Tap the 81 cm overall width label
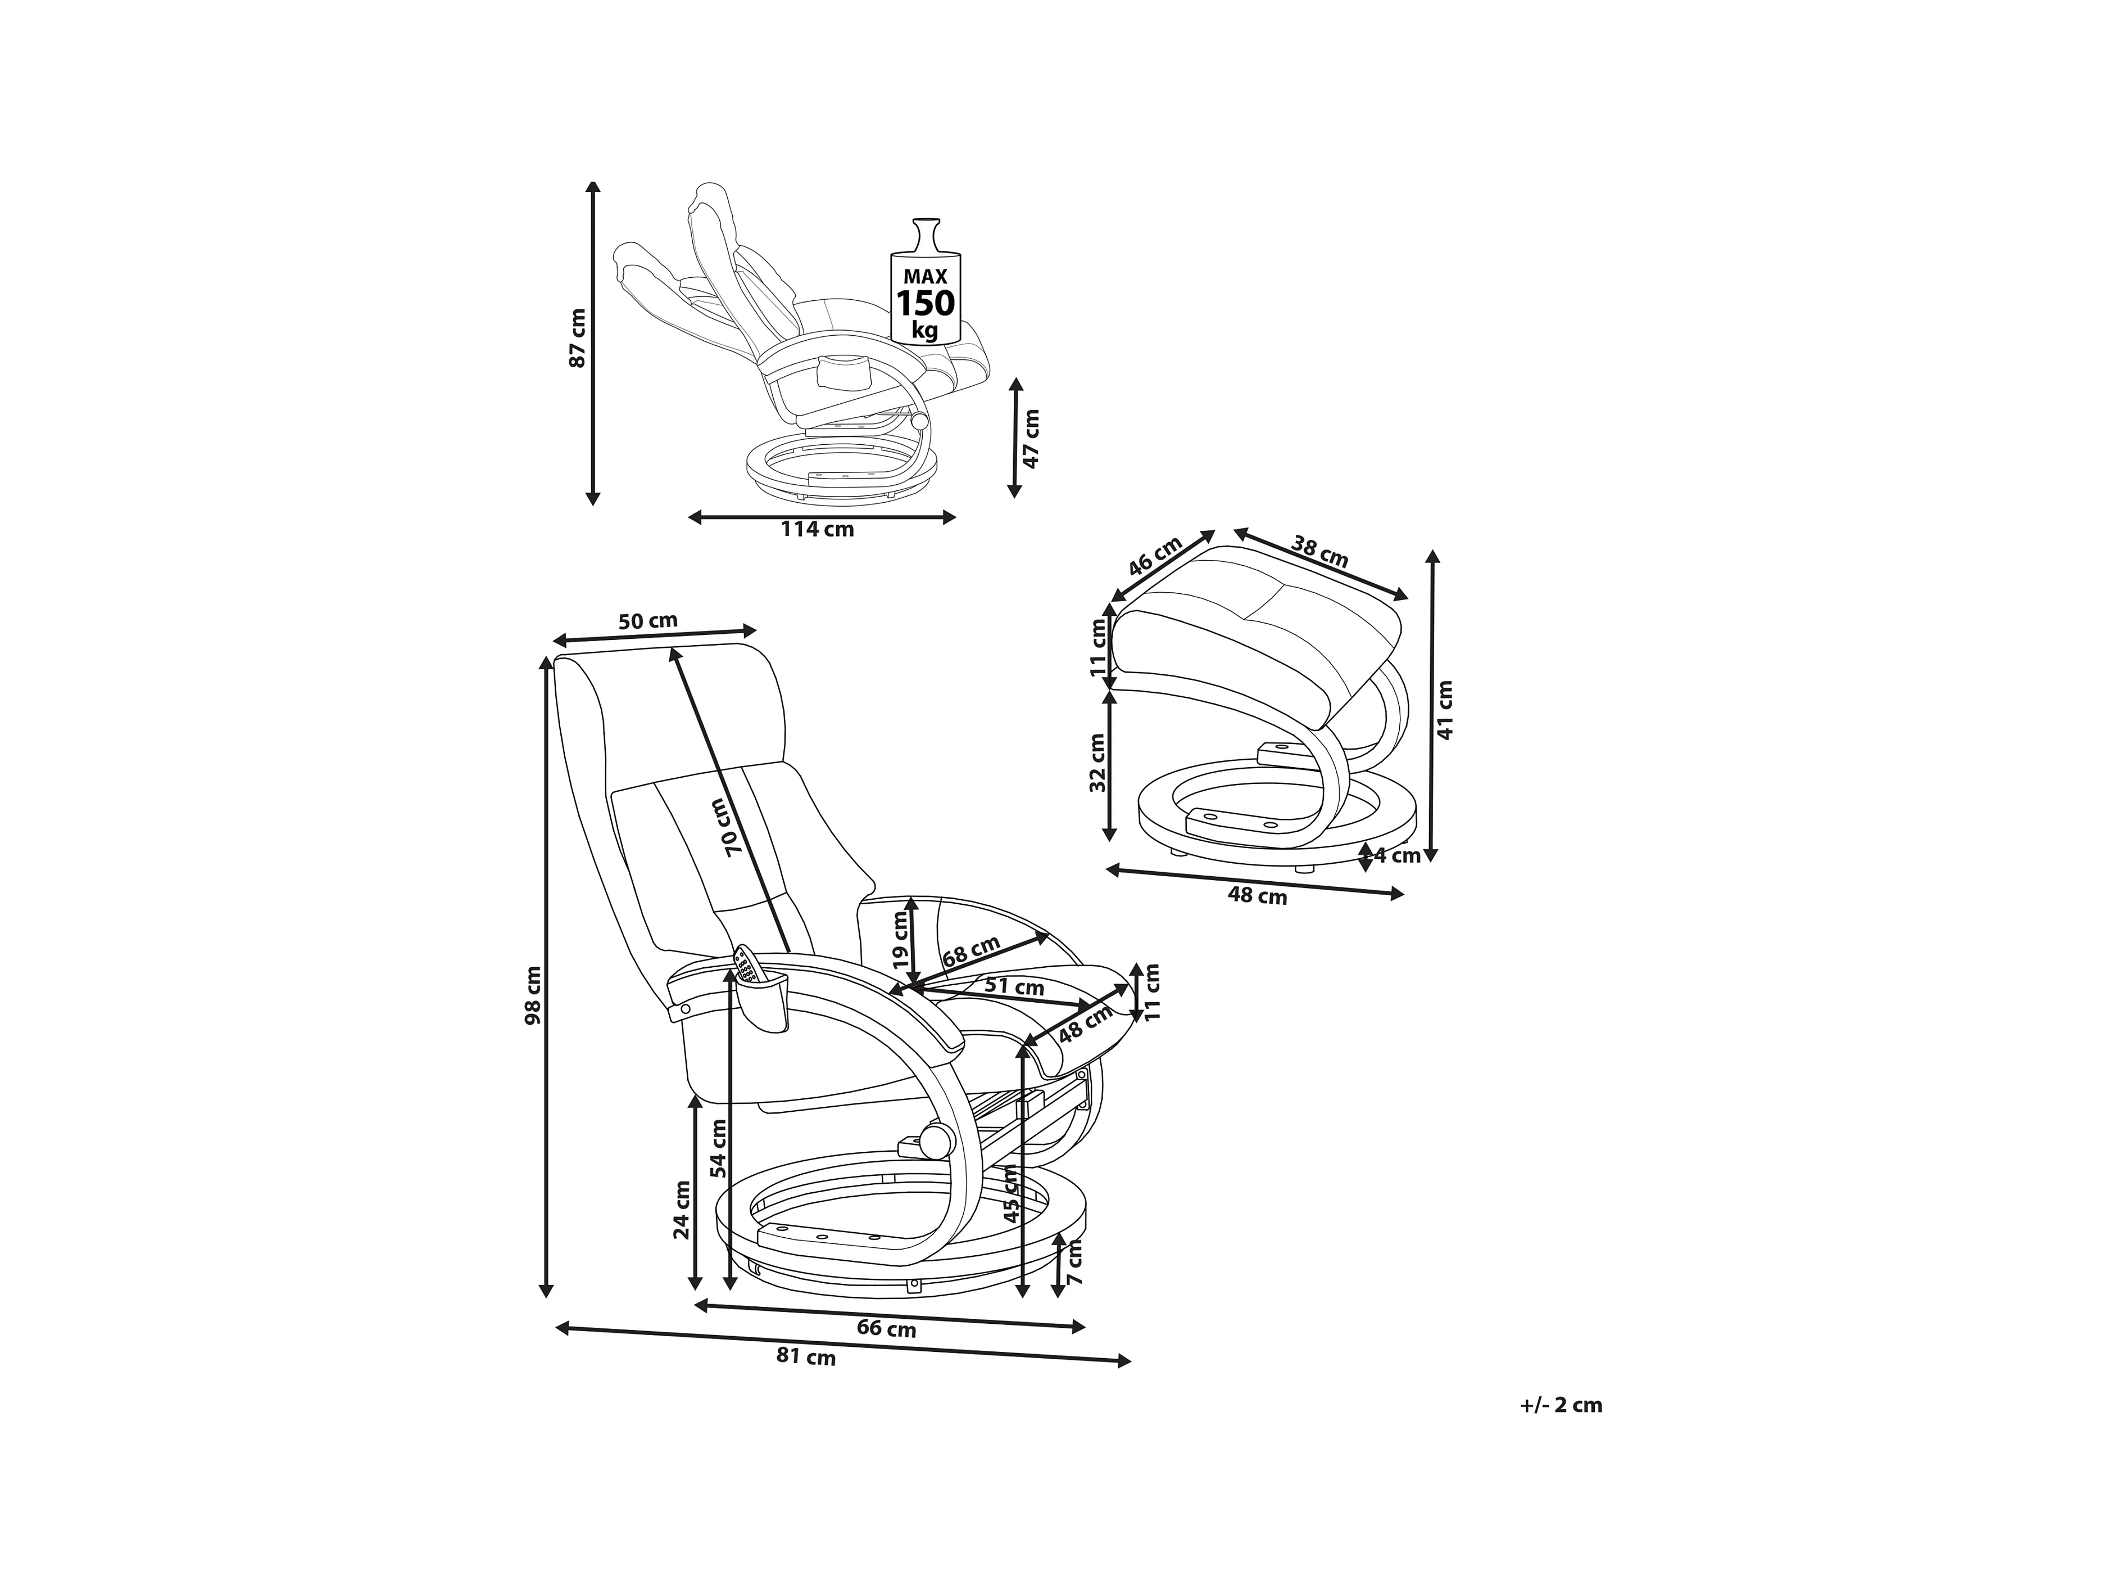pyautogui.click(x=806, y=1358)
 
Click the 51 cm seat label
pyautogui.click(x=1014, y=986)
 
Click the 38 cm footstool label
pyautogui.click(x=1319, y=552)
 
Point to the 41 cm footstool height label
pyautogui.click(x=1444, y=709)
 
